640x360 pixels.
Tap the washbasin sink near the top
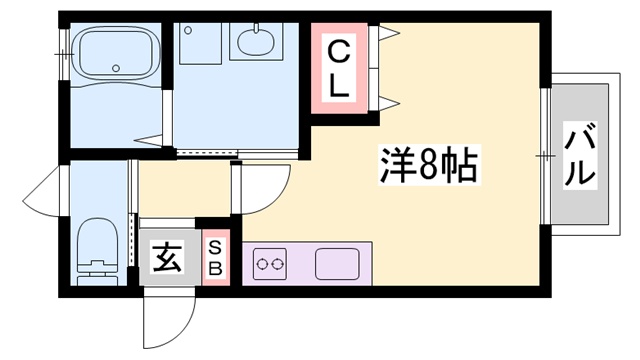255,44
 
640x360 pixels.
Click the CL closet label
339,67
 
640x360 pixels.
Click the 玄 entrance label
167,259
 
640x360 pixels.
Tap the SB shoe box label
216,259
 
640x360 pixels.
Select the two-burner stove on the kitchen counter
270,265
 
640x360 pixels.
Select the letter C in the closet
339,50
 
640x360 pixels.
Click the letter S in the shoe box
216,249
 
